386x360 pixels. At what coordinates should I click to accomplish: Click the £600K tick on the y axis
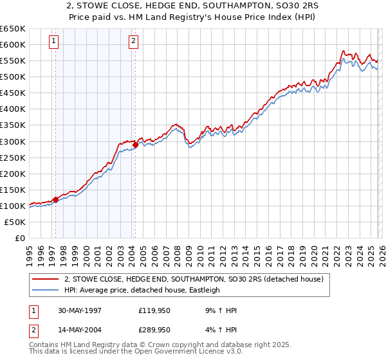12,44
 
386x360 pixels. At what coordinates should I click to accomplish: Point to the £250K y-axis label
12,157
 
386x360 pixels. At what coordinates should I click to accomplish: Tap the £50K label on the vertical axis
14,222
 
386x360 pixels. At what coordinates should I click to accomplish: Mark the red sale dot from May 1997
56,199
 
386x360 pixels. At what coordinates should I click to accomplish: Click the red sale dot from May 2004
136,145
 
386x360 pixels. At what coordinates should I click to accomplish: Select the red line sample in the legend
46,279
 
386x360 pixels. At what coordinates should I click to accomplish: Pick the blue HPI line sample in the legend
46,290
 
